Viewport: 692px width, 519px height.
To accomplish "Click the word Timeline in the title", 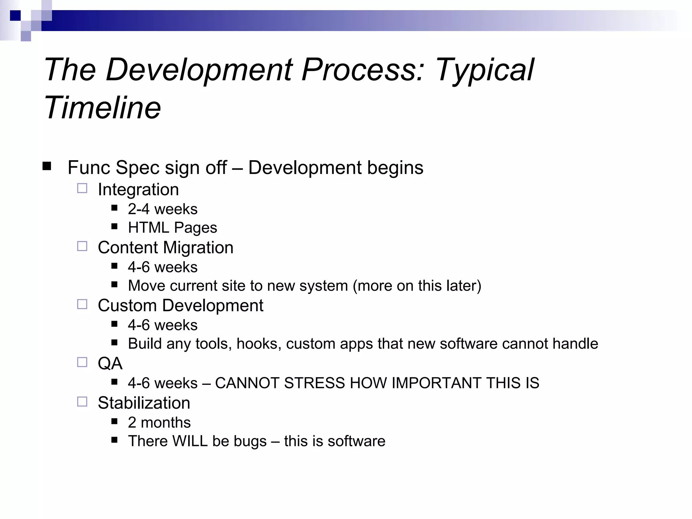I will [102, 108].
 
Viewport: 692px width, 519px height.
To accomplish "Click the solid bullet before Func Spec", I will [47, 166].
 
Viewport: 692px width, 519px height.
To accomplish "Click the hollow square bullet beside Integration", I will [82, 188].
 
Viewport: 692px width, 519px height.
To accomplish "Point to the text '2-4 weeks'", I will [163, 209].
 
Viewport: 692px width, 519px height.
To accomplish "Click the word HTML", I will [148, 227].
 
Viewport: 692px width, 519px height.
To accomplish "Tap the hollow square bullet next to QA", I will [82, 362].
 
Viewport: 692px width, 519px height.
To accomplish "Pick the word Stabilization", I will [144, 403].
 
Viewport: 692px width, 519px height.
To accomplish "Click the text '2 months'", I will [159, 422].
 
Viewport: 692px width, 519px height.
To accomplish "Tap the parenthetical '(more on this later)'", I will [417, 286].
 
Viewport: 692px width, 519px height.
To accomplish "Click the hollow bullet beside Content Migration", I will [82, 246].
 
